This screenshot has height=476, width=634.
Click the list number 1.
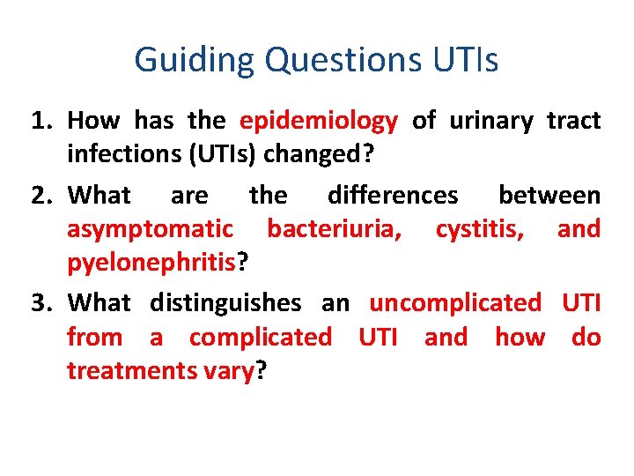[41, 121]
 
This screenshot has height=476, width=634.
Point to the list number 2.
[41, 195]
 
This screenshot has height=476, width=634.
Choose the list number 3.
[41, 304]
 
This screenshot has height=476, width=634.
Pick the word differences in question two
[393, 195]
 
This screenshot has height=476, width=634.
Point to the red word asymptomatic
[151, 229]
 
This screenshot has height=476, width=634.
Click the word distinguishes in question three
[225, 304]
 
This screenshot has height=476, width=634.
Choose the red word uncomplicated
[455, 304]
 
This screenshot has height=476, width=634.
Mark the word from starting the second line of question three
[96, 338]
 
